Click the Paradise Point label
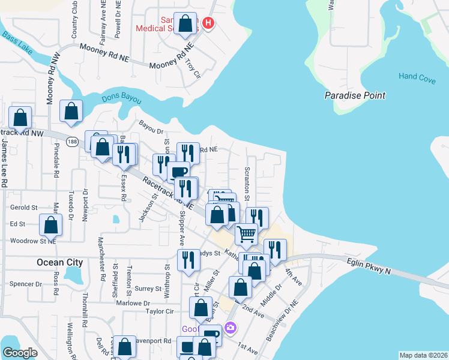[355, 95]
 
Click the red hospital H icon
[208, 23]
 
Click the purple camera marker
[230, 328]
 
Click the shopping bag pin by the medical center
[186, 24]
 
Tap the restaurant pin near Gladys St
[188, 260]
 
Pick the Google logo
[20, 353]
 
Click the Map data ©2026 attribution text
[423, 355]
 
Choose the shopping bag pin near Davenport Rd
[125, 346]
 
